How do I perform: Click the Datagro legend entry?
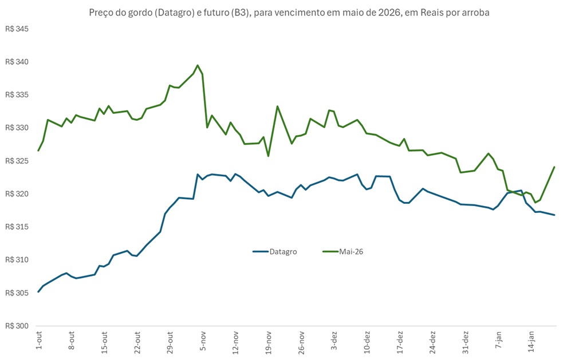[x=283, y=251]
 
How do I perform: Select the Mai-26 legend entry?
[x=350, y=251]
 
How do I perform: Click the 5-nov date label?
[x=203, y=342]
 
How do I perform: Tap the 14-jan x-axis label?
[x=531, y=342]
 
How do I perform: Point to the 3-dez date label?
[x=334, y=342]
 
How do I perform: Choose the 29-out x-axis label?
[x=170, y=342]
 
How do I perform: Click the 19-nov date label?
[x=269, y=342]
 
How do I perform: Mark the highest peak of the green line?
[x=198, y=65]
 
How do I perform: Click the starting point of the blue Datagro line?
[x=38, y=292]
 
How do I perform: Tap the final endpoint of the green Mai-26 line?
[x=554, y=167]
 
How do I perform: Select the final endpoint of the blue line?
[x=554, y=215]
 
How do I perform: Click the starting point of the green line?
[x=38, y=151]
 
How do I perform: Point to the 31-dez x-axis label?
[x=466, y=342]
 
